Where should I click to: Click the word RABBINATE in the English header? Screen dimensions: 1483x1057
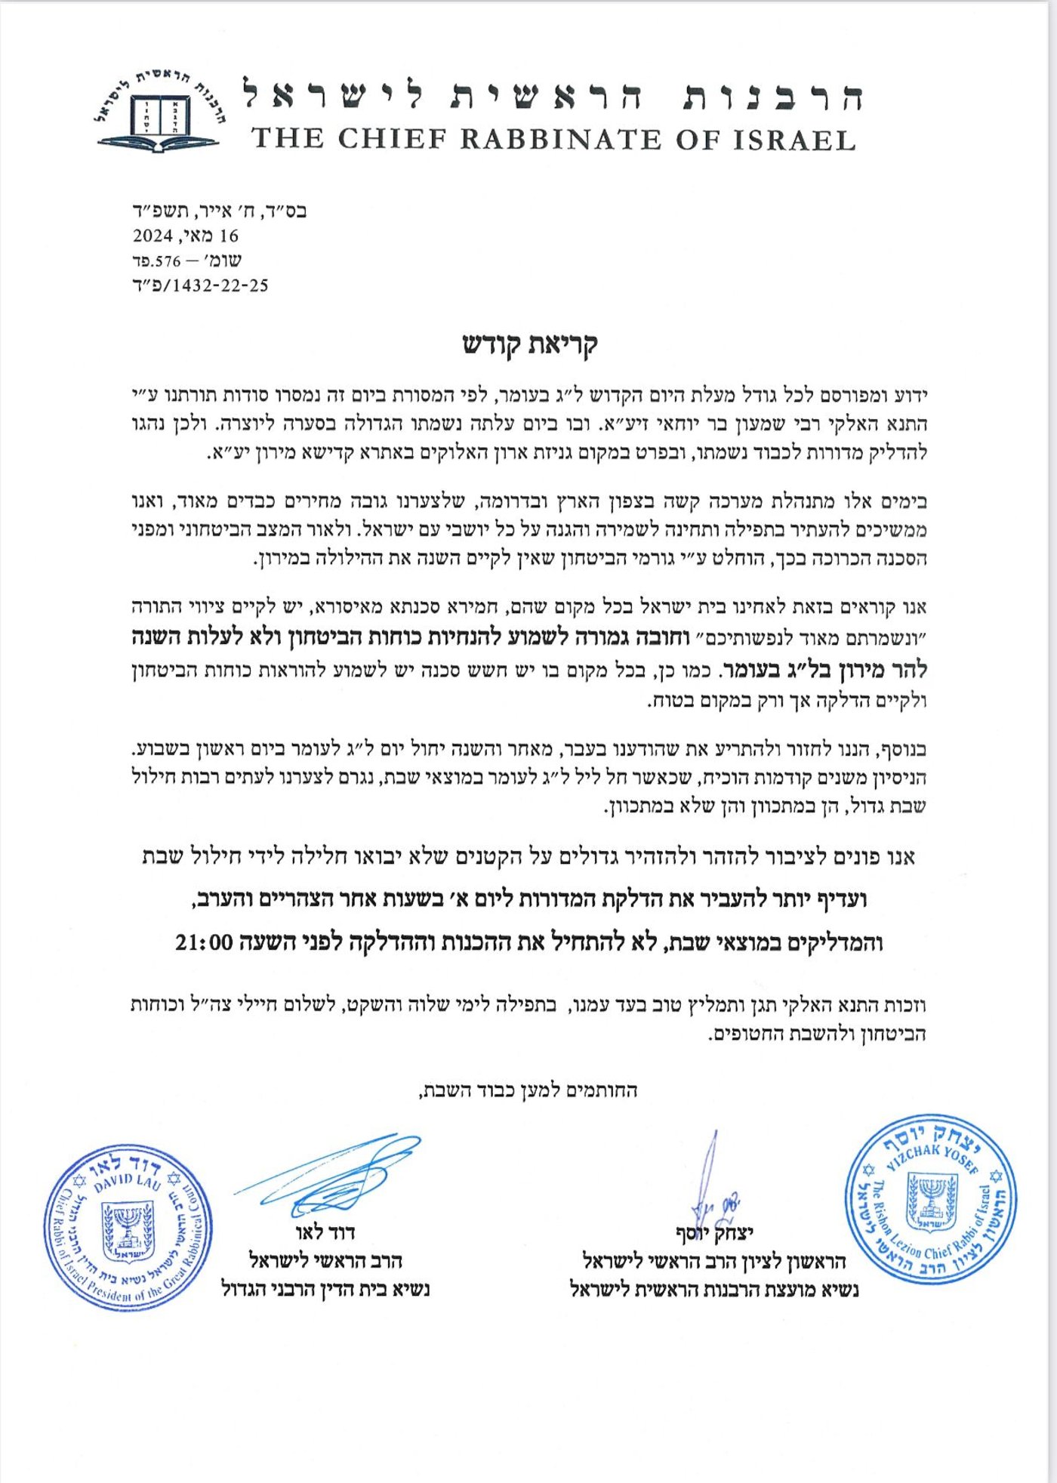[560, 140]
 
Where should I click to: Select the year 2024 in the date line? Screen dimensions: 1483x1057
[153, 236]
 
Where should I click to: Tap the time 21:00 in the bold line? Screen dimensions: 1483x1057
[203, 942]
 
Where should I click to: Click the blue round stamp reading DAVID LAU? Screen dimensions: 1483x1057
[128, 1227]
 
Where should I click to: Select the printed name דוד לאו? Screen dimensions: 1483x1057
[325, 1232]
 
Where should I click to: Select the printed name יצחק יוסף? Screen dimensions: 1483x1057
[714, 1234]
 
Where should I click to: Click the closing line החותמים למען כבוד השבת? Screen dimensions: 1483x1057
[528, 1090]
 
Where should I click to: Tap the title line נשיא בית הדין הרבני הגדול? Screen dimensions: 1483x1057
[325, 1289]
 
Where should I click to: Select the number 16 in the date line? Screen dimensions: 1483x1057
[228, 236]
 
